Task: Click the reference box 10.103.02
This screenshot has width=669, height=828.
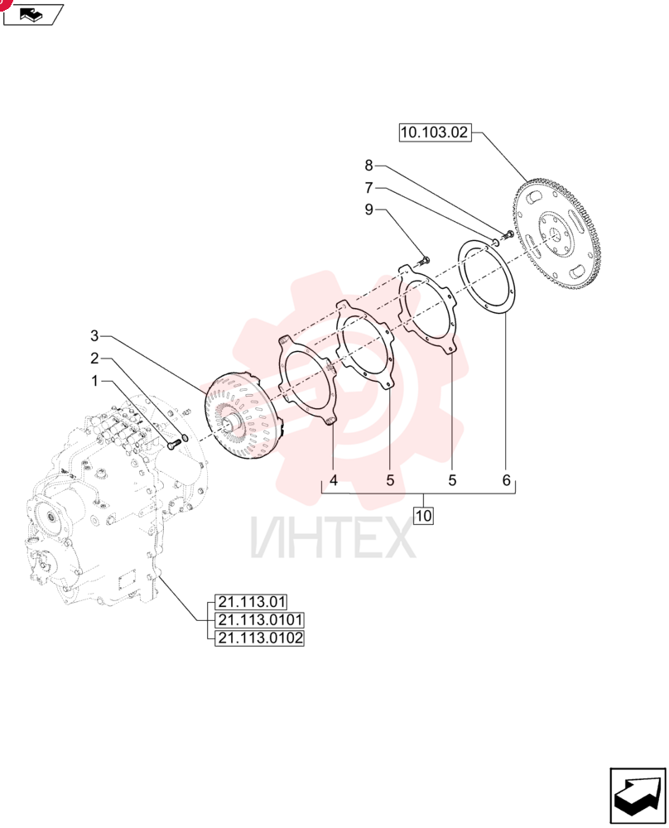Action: click(435, 132)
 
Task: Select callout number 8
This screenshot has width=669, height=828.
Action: click(368, 166)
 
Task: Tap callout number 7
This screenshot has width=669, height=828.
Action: click(368, 187)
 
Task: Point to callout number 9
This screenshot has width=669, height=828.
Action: click(368, 209)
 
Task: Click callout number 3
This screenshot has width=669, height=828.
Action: click(94, 336)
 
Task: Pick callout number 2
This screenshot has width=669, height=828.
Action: click(94, 359)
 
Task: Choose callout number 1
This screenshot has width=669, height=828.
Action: click(94, 381)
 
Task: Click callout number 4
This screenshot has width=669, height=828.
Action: click(334, 480)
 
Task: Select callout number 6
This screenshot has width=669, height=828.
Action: click(507, 480)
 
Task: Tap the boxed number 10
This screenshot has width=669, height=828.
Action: click(423, 515)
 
